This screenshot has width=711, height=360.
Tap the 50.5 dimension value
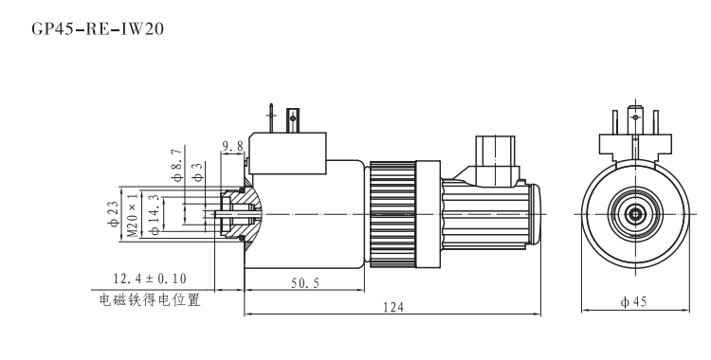[x=303, y=283]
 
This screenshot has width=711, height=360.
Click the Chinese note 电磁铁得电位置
[x=150, y=301]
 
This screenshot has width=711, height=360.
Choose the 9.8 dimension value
[x=232, y=146]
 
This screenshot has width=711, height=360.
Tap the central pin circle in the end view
[x=632, y=213]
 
